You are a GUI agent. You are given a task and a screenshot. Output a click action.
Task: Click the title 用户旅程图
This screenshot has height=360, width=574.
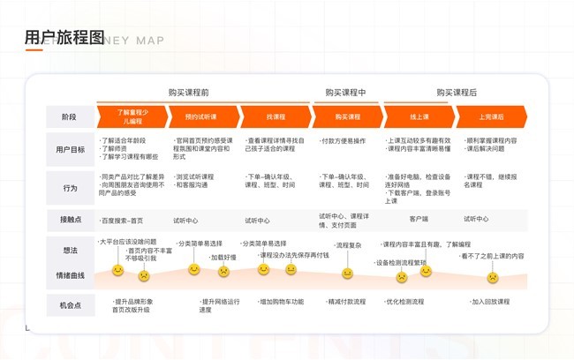pyautogui.click(x=64, y=36)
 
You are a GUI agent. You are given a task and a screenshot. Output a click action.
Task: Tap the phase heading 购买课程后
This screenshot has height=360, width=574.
pyautogui.click(x=456, y=92)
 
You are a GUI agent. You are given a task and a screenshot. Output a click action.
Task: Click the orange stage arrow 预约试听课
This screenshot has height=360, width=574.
pyautogui.click(x=200, y=116)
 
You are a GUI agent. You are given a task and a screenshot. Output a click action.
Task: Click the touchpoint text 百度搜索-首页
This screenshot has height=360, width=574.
pyautogui.click(x=122, y=220)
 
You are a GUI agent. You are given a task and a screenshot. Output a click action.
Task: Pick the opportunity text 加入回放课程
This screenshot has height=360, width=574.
pyautogui.click(x=488, y=302)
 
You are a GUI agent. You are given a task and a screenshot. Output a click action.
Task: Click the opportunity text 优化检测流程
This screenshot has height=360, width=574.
pyautogui.click(x=405, y=302)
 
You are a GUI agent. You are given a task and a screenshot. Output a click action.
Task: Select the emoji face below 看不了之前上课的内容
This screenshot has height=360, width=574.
pyautogui.click(x=493, y=277)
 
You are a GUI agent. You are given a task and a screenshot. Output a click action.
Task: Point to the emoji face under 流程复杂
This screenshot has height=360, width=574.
pyautogui.click(x=348, y=274)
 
